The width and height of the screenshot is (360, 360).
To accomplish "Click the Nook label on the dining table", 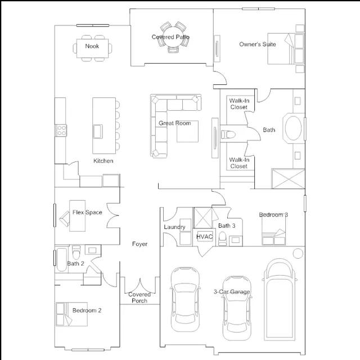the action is pyautogui.click(x=92, y=46).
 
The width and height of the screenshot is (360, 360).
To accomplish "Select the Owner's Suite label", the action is pyautogui.click(x=258, y=44).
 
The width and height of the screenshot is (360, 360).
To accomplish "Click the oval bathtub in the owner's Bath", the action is pyautogui.click(x=293, y=128).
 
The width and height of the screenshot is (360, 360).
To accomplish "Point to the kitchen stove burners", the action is pyautogui.click(x=61, y=130).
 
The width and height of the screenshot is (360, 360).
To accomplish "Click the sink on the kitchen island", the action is pyautogui.click(x=97, y=131).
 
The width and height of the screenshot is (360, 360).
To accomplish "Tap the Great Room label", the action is pyautogui.click(x=175, y=123).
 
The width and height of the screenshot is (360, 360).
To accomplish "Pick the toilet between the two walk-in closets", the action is pyautogui.click(x=228, y=134).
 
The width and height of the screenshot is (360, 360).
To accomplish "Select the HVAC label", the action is pyautogui.click(x=205, y=236).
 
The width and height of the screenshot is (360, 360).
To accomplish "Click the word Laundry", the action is pyautogui.click(x=174, y=227).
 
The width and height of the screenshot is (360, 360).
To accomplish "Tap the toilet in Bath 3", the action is pyautogui.click(x=222, y=238).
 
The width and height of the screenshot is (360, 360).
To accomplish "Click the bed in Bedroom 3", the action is pyautogui.click(x=274, y=229).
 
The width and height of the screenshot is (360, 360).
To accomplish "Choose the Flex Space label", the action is pyautogui.click(x=87, y=213).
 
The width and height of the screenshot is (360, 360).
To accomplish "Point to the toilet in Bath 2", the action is pyautogui.click(x=76, y=252).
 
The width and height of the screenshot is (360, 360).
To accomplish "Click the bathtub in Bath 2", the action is pyautogui.click(x=61, y=260).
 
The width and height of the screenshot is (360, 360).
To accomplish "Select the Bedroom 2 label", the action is pyautogui.click(x=87, y=310).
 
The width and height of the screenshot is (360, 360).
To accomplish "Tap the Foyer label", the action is pyautogui.click(x=139, y=244).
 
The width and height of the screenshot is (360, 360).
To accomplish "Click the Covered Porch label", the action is pyautogui.click(x=139, y=298).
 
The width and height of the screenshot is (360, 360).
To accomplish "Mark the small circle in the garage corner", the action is pyautogui.click(x=298, y=253).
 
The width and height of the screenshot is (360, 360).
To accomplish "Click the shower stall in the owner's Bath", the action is pyautogui.click(x=288, y=179).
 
